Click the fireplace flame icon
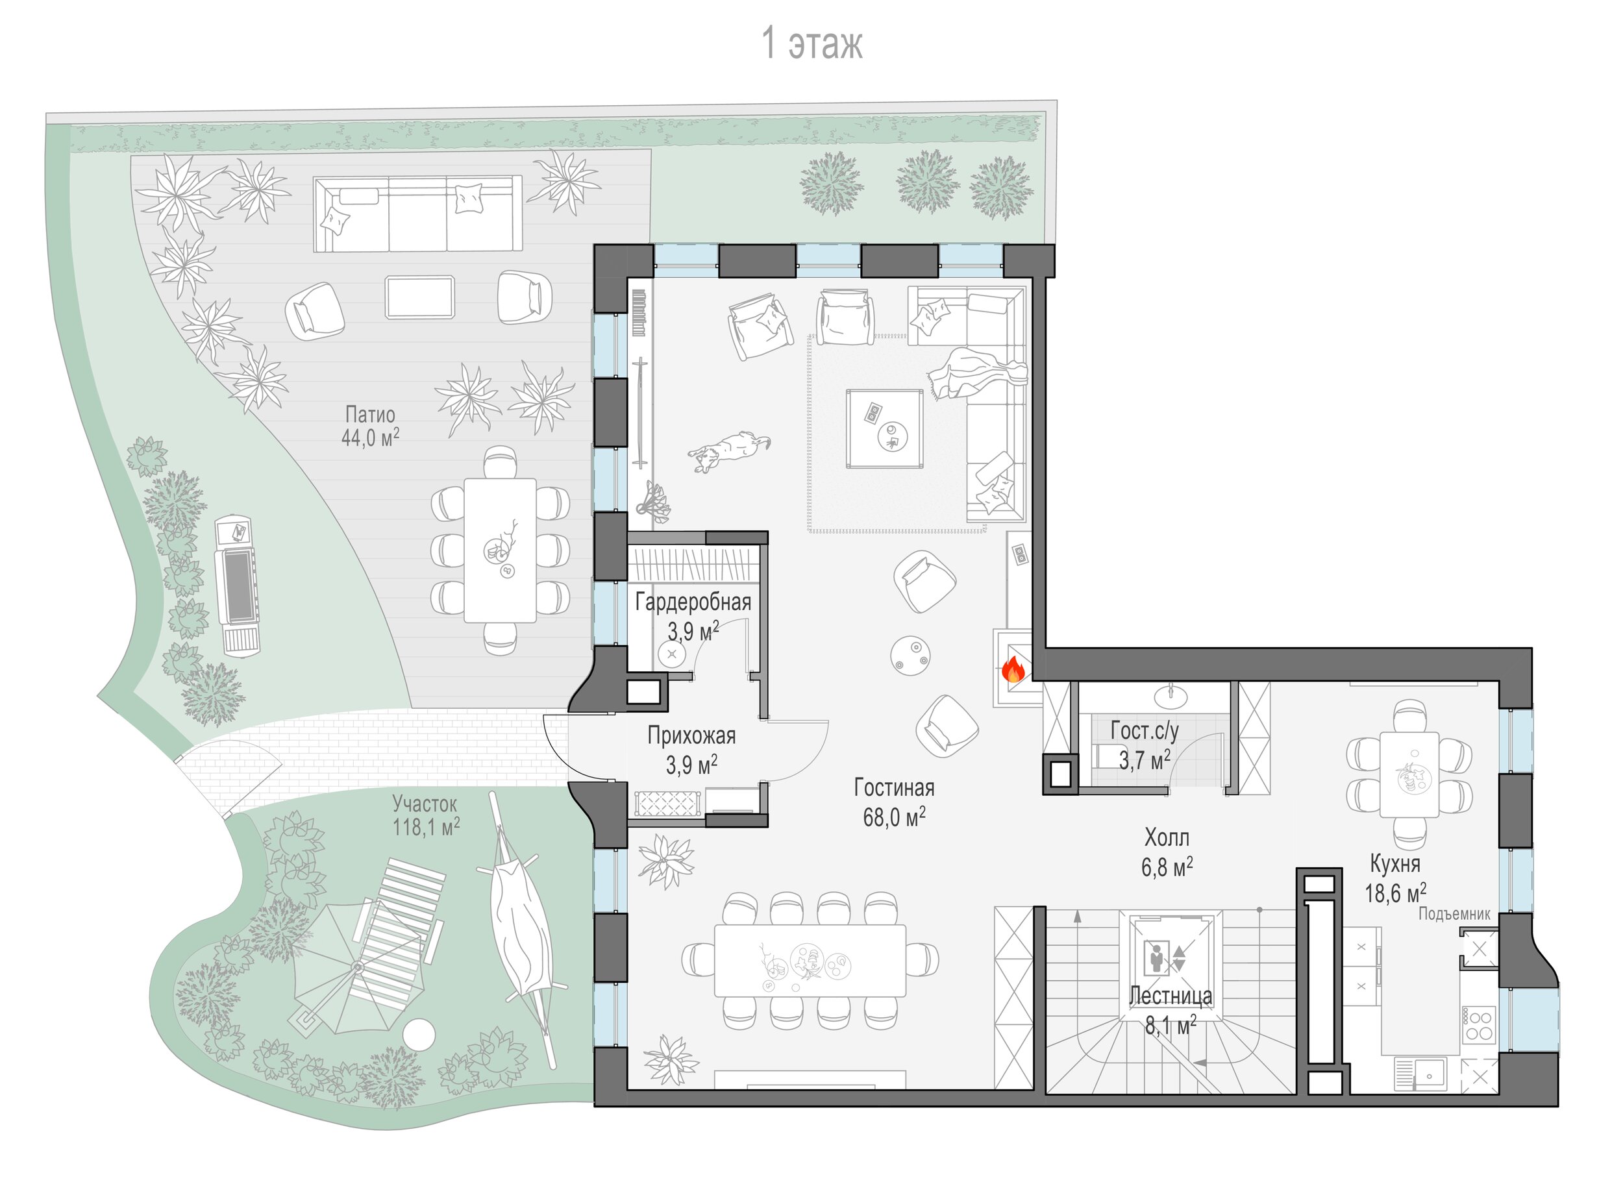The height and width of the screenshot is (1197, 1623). tap(1013, 669)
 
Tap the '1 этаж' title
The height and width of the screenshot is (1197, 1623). tap(811, 43)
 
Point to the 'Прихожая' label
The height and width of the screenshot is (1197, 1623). tap(691, 735)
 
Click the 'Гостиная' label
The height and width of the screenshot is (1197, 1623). tap(894, 787)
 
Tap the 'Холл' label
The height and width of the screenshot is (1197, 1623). tap(1167, 837)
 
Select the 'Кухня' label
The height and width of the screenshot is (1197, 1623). tap(1394, 864)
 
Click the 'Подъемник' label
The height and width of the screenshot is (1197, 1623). tap(1454, 914)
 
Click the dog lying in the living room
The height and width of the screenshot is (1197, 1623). tap(728, 450)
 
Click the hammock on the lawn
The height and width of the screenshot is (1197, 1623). tap(519, 927)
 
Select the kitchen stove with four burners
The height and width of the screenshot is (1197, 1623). tap(1479, 1025)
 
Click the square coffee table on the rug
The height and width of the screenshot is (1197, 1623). tap(885, 429)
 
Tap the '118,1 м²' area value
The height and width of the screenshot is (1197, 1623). tap(426, 827)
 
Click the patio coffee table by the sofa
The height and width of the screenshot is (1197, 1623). tap(420, 297)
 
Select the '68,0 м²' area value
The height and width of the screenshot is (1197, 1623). tap(894, 817)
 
